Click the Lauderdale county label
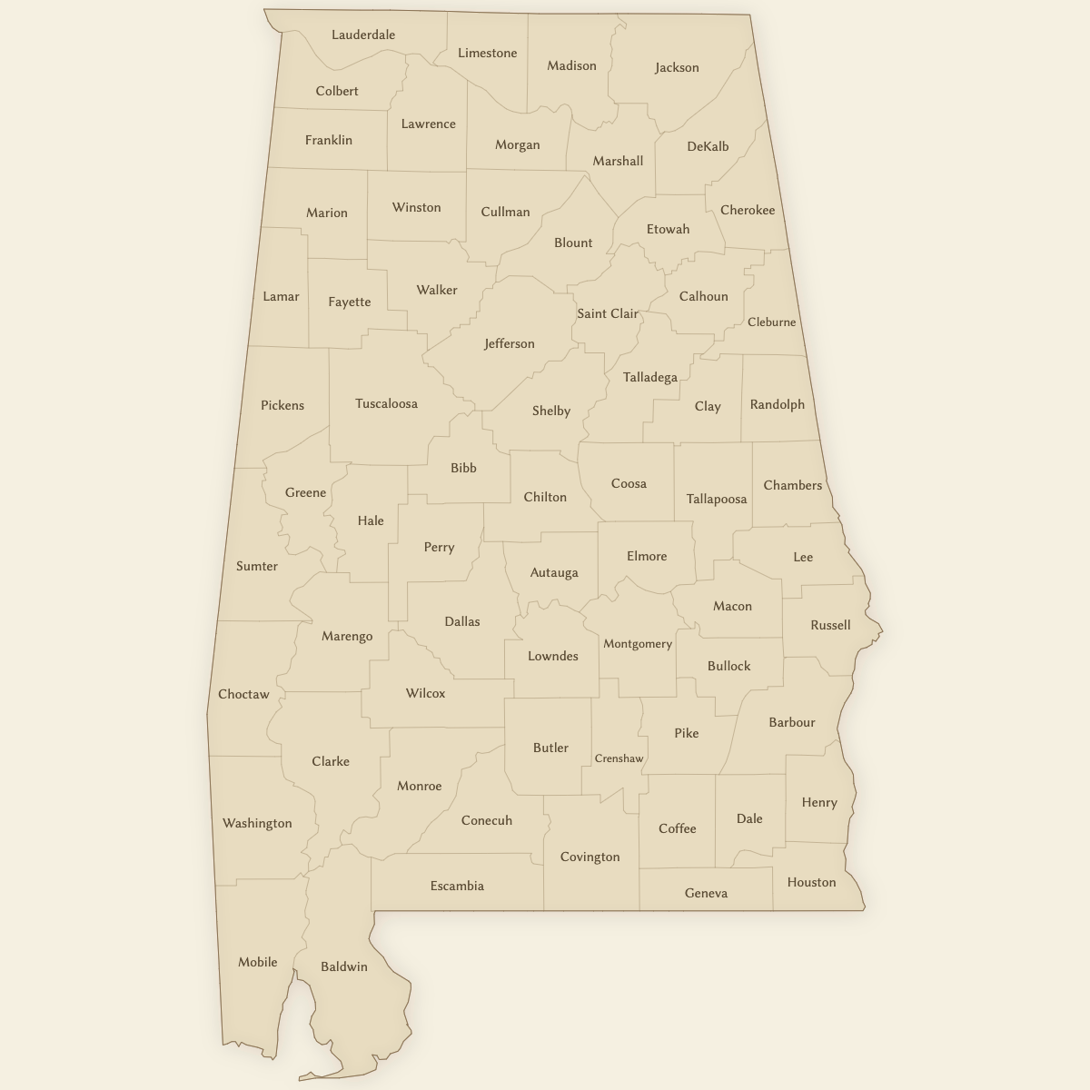(363, 35)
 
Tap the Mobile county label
(258, 962)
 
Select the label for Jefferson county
(510, 343)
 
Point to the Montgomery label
(638, 644)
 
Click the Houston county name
(811, 882)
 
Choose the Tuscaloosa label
(386, 403)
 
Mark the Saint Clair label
(608, 313)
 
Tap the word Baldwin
(344, 966)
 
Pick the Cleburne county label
(771, 322)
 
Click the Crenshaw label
(619, 758)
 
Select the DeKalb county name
(708, 146)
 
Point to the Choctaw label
(243, 694)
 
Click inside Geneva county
(706, 893)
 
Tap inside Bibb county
(463, 468)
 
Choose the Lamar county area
(281, 296)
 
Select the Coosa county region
(629, 483)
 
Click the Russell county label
(830, 625)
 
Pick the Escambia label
(457, 886)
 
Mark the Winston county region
(416, 207)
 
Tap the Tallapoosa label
(717, 499)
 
